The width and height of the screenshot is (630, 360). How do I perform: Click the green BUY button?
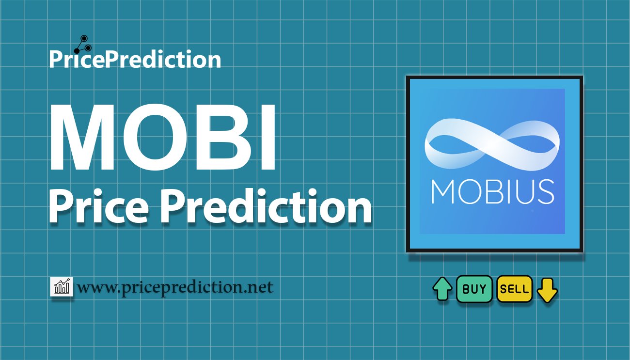(474, 289)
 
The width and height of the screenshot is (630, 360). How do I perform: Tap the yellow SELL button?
(515, 289)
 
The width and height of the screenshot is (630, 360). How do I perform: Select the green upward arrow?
(442, 289)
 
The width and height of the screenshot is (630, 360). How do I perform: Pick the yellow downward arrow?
(547, 290)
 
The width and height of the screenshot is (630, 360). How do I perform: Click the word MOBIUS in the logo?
(493, 192)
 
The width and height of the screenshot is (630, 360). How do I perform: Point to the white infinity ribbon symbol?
(492, 145)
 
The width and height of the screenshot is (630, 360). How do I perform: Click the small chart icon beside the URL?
(62, 286)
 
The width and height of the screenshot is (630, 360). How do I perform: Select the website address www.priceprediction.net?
(175, 287)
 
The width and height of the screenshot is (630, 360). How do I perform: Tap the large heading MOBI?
(162, 137)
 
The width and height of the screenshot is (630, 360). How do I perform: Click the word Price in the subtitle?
(99, 206)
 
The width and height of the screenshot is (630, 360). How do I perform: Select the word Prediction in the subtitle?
(266, 206)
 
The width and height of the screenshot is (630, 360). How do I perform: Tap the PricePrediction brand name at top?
(135, 59)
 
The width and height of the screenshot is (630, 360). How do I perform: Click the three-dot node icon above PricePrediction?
(83, 45)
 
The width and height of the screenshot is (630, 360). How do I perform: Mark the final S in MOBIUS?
(546, 192)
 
